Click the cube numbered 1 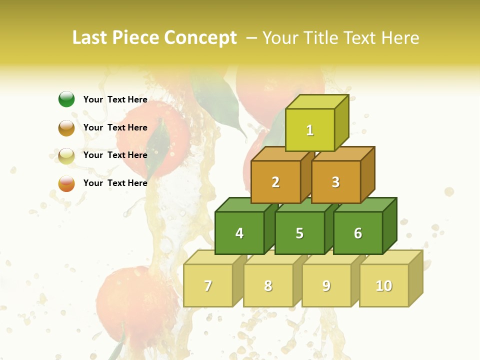tap(310, 130)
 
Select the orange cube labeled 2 tap(275, 182)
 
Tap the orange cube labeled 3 tap(335, 182)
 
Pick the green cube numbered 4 tap(239, 233)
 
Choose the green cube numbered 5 tap(299, 233)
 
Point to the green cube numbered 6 tap(358, 233)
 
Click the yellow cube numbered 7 tap(208, 285)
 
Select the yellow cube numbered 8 tap(268, 285)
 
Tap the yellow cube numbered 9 tap(326, 285)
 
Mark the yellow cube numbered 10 tap(384, 285)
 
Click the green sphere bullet tap(66, 99)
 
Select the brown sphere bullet tap(66, 128)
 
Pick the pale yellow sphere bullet tap(66, 156)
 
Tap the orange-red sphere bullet tap(66, 183)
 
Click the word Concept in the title tap(200, 38)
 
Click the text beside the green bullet tap(115, 99)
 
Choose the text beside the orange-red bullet tap(115, 183)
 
